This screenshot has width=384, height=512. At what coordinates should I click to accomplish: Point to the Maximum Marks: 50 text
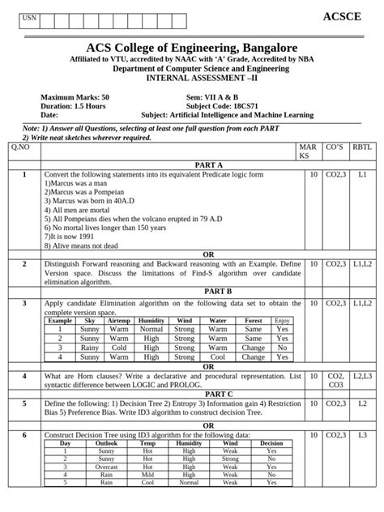coord(75,96)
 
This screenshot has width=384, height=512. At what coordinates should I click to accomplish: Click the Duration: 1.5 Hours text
coord(71,105)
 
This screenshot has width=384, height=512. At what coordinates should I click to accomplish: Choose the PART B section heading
coord(207,290)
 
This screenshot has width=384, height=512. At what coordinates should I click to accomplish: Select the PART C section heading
coord(207,394)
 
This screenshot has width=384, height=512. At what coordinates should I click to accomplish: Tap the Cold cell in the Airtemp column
coord(118,348)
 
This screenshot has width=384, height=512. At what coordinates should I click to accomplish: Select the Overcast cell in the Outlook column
coord(106,467)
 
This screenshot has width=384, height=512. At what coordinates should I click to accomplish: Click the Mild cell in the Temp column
coord(147,476)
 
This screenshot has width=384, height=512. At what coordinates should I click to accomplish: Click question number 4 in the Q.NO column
coord(24,377)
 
